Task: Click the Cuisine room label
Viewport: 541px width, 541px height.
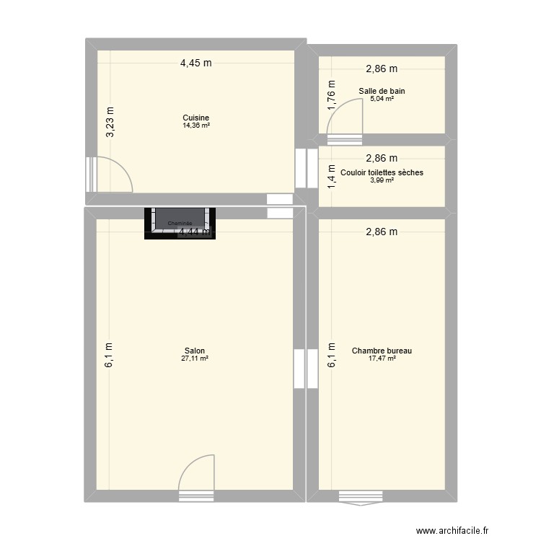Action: coord(195,118)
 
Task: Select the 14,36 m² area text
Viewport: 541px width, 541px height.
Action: coord(195,126)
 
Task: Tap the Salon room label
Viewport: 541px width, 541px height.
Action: coord(195,351)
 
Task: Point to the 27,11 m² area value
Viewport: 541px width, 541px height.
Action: coord(195,359)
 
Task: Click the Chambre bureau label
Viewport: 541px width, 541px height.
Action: coord(382,351)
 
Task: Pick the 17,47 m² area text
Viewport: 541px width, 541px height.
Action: coord(382,359)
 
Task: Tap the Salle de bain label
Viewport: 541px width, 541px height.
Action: coord(382,91)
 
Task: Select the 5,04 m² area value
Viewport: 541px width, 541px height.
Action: coord(382,98)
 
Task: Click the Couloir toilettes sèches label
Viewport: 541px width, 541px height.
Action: coord(382,172)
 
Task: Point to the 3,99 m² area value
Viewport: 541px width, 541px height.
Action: coord(382,180)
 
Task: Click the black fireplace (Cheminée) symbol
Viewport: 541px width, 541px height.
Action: coord(180,223)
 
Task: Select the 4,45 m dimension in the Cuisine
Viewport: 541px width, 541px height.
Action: coord(195,63)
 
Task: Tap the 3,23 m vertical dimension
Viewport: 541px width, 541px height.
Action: coord(110,123)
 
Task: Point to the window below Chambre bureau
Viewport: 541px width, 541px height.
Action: coord(361,496)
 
